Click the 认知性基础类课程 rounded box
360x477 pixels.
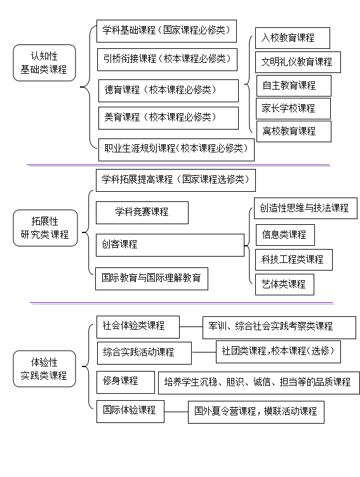coord(44,63)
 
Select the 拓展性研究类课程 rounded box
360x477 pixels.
coord(45,228)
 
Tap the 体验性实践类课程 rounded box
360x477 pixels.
coord(44,368)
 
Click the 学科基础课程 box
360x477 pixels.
coord(166,31)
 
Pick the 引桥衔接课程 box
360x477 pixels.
coord(167,60)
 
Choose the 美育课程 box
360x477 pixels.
coord(168,118)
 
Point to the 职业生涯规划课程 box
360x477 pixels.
coord(177,150)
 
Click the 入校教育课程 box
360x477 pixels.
coord(293,38)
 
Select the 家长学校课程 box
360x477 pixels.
coord(293,109)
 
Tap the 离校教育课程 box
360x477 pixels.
coord(294,131)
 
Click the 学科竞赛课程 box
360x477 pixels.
coord(142,213)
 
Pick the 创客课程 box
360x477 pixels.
coord(170,245)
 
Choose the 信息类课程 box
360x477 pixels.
coord(285,235)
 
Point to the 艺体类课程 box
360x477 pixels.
coord(284,285)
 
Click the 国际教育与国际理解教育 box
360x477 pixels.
coord(152,279)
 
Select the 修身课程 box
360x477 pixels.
coord(126,382)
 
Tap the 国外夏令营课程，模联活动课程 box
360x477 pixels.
coord(256,412)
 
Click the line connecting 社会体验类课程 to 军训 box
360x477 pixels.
coord(191,327)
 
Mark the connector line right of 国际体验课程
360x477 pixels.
coord(176,412)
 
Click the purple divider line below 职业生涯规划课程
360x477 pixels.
coord(178,165)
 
